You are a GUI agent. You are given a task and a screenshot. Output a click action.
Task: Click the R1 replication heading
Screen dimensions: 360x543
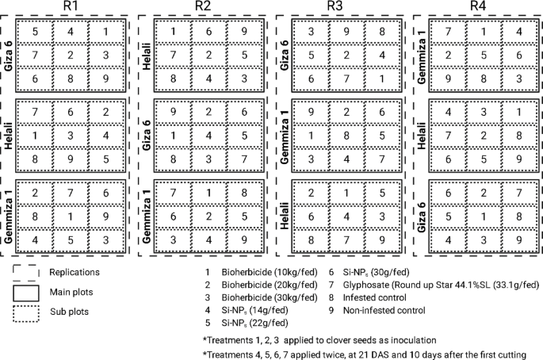pos(68,6)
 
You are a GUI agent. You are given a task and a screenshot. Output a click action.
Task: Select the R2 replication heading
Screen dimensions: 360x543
pos(203,6)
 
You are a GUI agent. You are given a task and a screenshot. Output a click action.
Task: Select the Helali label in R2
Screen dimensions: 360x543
pos(146,56)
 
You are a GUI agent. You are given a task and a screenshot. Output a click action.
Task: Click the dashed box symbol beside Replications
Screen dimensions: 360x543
pos(28,271)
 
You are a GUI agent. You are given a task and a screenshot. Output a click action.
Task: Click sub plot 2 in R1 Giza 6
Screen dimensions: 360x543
pos(70,54)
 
